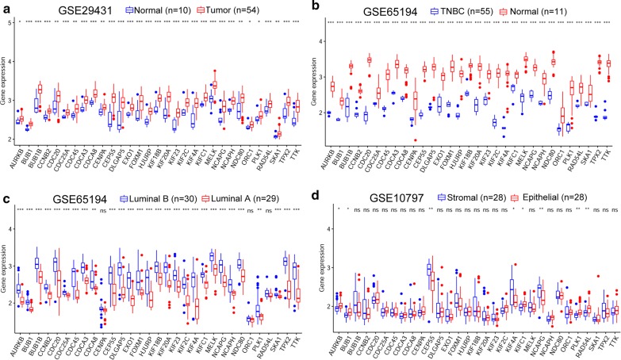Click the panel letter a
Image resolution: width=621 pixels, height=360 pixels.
6,6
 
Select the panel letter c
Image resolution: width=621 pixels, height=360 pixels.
6,187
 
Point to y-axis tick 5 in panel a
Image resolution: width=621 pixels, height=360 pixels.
9,23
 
